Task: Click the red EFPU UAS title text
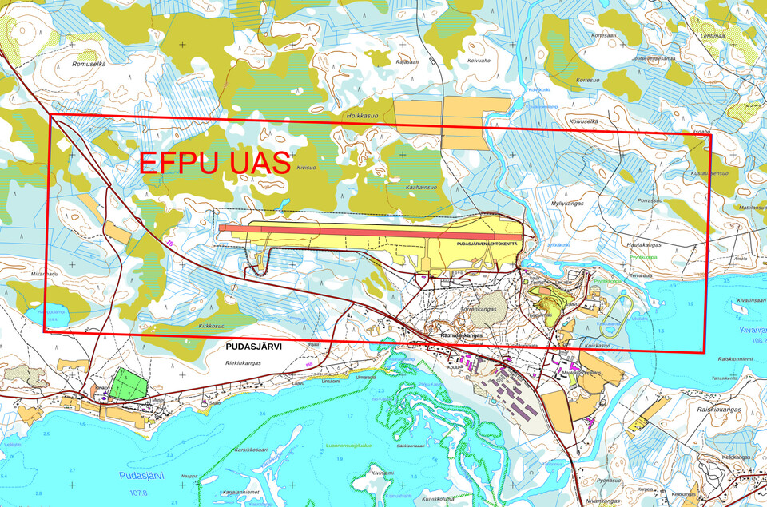pyautogui.click(x=214, y=163)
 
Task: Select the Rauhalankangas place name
pyautogui.click(x=463, y=336)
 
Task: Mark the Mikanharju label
pyautogui.click(x=45, y=274)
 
